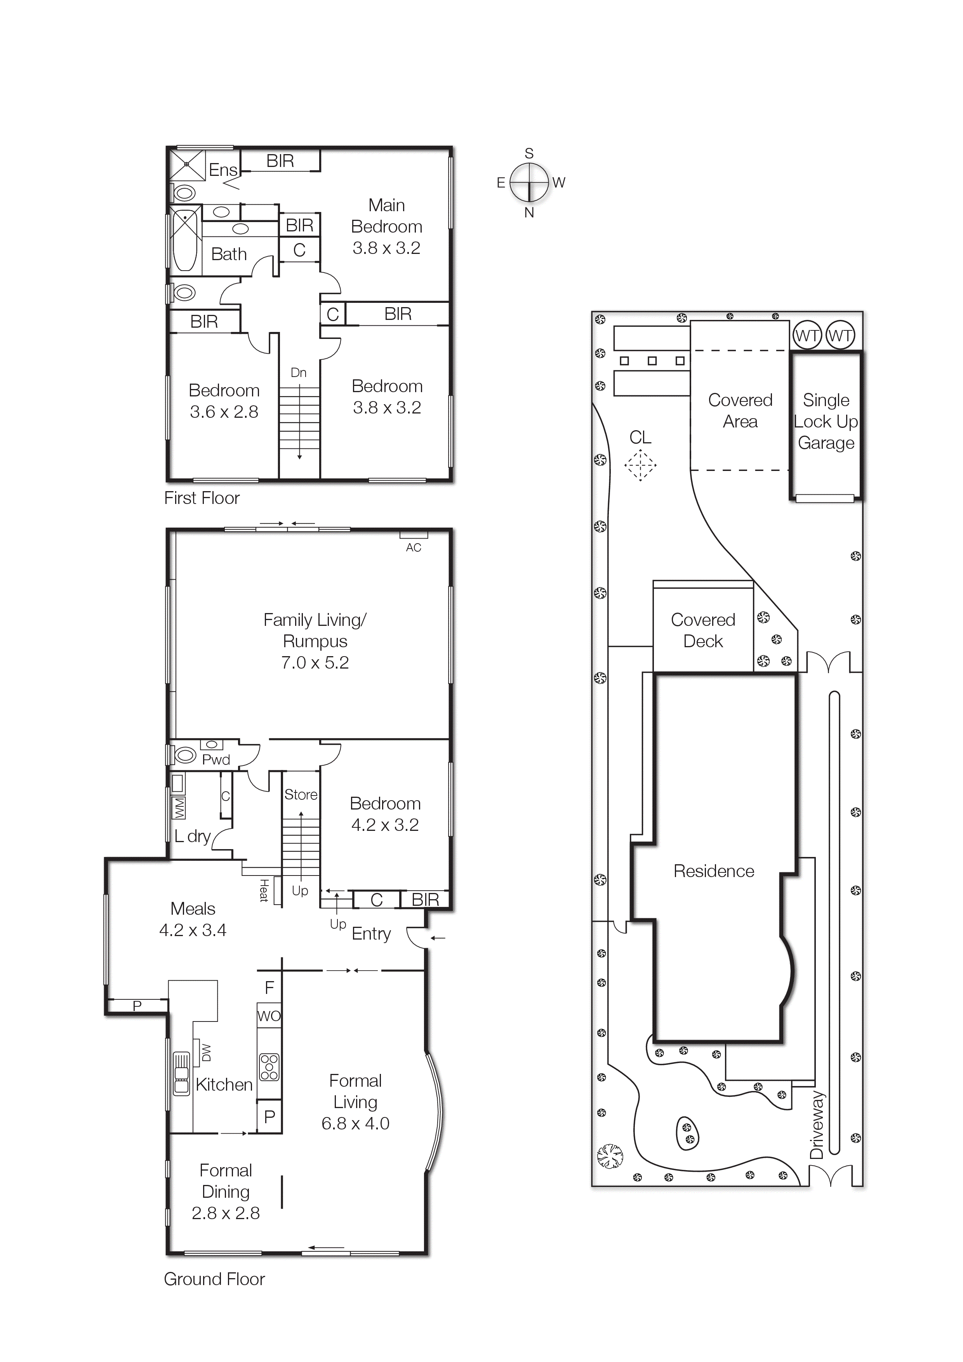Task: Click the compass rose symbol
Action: (528, 183)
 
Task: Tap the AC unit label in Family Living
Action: (414, 547)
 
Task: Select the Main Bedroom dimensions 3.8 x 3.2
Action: (386, 248)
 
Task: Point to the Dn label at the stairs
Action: (299, 373)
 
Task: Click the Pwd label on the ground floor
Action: (216, 760)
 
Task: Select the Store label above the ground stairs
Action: (301, 794)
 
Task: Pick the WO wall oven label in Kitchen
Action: (269, 1016)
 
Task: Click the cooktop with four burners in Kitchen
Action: (269, 1067)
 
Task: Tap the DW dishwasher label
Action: (206, 1052)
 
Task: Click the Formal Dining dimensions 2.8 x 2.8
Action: (226, 1213)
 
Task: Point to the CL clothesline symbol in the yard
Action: (640, 464)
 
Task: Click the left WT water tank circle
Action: (807, 336)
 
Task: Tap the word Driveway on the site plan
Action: (817, 1125)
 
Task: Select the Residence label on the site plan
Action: (714, 871)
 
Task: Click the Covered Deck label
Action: (703, 631)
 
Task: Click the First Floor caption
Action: (202, 498)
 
